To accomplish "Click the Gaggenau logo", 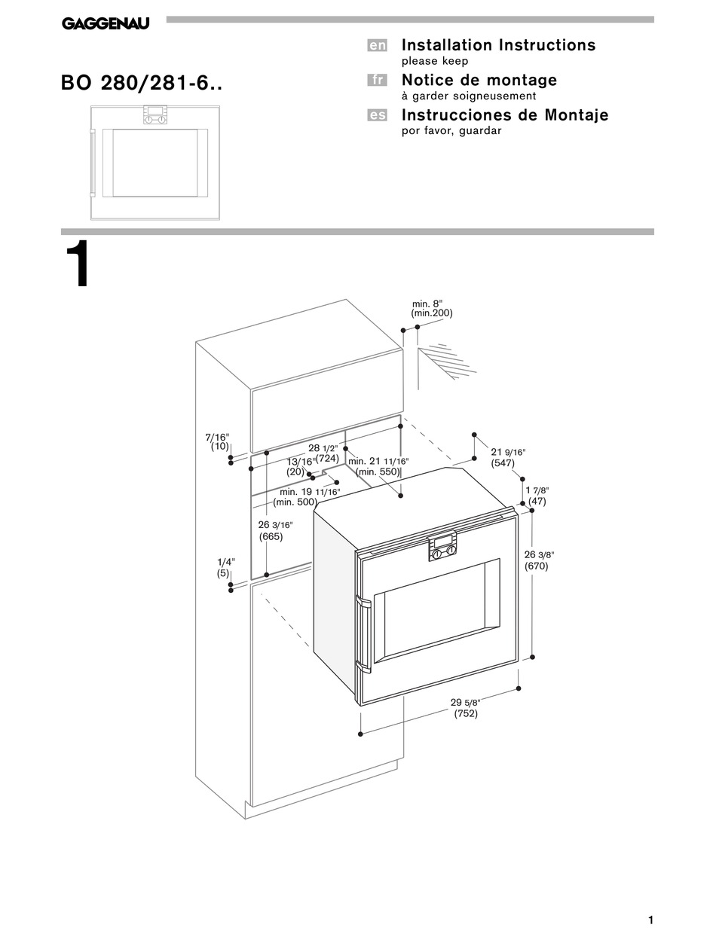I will (x=105, y=24).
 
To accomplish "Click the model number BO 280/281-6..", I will (x=142, y=83).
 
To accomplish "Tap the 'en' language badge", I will (x=377, y=46).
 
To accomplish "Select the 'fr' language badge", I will (x=377, y=81).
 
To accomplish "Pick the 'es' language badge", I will (x=377, y=115).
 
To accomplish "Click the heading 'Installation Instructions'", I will (x=498, y=45).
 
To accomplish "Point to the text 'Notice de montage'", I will (x=479, y=80).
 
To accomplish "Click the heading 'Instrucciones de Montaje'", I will (x=504, y=115).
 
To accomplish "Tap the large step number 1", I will (x=77, y=267).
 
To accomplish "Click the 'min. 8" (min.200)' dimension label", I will (x=432, y=308).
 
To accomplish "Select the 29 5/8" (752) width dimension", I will (x=466, y=708).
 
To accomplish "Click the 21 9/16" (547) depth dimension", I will (x=508, y=457).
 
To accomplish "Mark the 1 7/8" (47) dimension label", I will (x=536, y=496).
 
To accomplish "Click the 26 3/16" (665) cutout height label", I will (x=275, y=531).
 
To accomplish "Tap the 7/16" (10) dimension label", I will (x=217, y=441).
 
